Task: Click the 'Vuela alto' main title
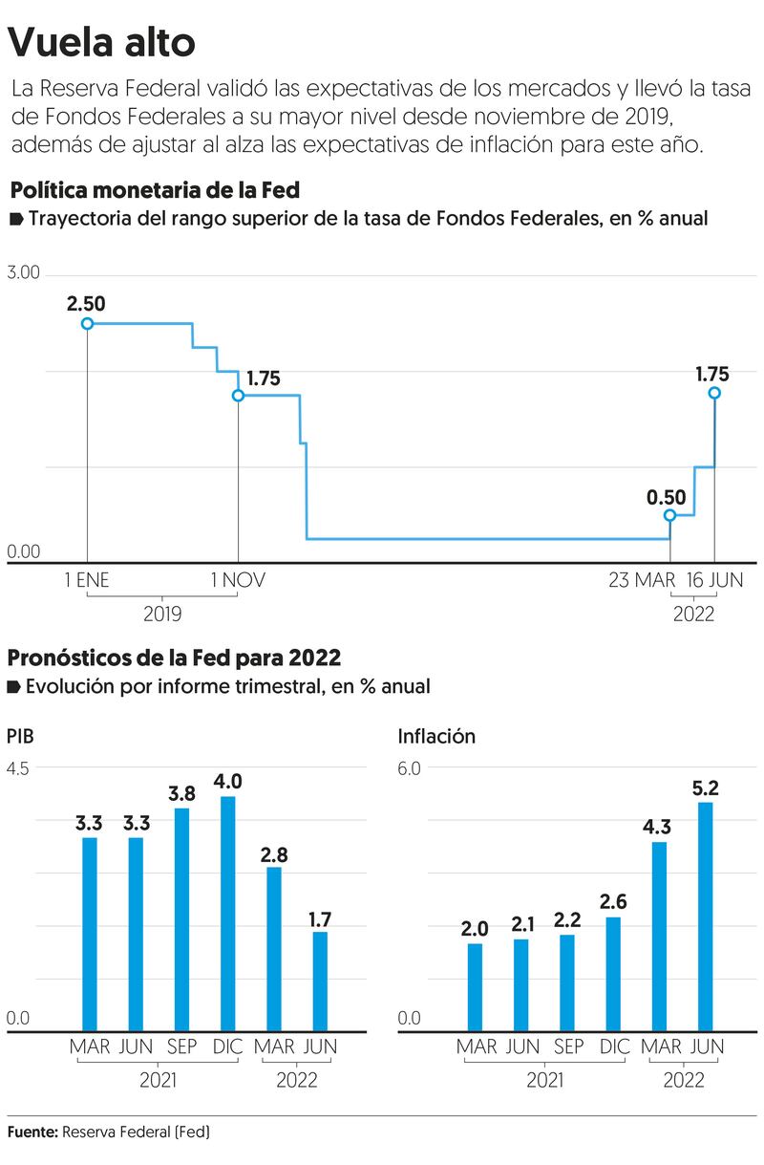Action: coord(102,42)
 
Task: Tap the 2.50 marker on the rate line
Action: coord(87,324)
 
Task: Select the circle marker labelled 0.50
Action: coord(669,516)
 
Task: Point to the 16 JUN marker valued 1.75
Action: coord(714,393)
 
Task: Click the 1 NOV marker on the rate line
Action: coord(238,395)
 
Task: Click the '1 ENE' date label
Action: coord(87,580)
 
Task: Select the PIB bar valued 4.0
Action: coord(228,914)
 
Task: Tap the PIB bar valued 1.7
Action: coord(320,982)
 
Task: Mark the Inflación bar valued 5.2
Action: coord(706,917)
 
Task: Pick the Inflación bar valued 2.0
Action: coord(475,987)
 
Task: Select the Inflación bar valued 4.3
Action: coord(659,937)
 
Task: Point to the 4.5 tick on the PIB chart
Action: coord(19,769)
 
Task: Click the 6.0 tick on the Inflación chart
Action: coord(410,769)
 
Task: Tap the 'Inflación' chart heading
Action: coord(436,736)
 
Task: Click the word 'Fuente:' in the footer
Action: coord(32,1133)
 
